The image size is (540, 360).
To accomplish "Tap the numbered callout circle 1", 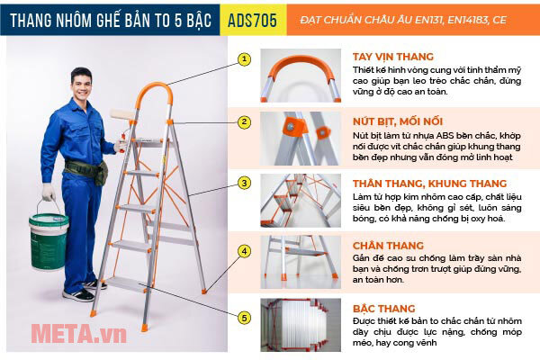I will point(243,60).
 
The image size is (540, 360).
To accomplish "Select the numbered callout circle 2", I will point(243,121).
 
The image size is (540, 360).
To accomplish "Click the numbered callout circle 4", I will point(243,251).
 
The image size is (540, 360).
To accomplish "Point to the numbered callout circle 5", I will point(243,317).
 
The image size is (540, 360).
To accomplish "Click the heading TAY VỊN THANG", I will point(394,56).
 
